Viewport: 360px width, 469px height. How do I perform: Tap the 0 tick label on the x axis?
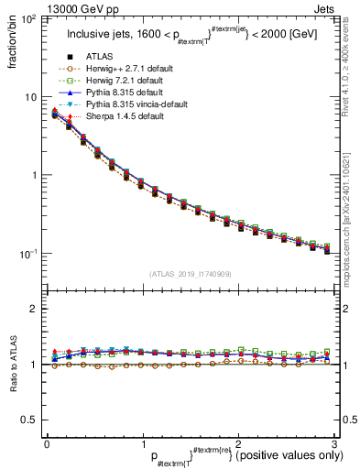click(47, 442)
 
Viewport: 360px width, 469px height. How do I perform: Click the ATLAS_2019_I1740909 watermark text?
click(190, 274)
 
